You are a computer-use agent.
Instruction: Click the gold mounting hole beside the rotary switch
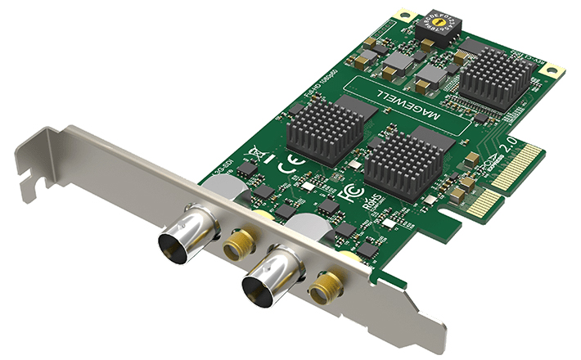click(402, 15)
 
